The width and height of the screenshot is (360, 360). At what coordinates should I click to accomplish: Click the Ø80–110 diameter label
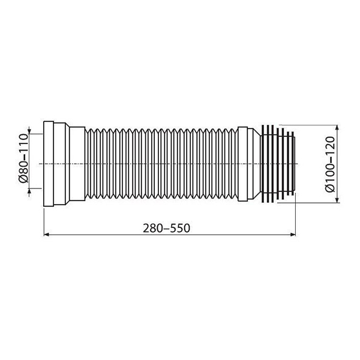23,158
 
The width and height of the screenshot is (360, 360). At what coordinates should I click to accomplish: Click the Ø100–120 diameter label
330,164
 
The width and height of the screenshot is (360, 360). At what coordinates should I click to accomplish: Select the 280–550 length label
166,228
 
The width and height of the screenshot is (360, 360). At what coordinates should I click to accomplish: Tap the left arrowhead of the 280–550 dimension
46,235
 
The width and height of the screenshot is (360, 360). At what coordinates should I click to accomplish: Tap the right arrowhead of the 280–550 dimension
293,235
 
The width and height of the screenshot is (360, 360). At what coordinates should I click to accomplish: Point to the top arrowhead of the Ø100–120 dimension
337,128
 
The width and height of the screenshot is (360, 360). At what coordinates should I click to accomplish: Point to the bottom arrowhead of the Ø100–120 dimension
337,200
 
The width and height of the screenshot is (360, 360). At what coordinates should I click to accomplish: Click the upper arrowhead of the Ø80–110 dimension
29,131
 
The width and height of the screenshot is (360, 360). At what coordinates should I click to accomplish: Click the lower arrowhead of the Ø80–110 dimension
29,191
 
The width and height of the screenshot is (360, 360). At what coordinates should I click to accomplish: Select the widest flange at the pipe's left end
49,164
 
